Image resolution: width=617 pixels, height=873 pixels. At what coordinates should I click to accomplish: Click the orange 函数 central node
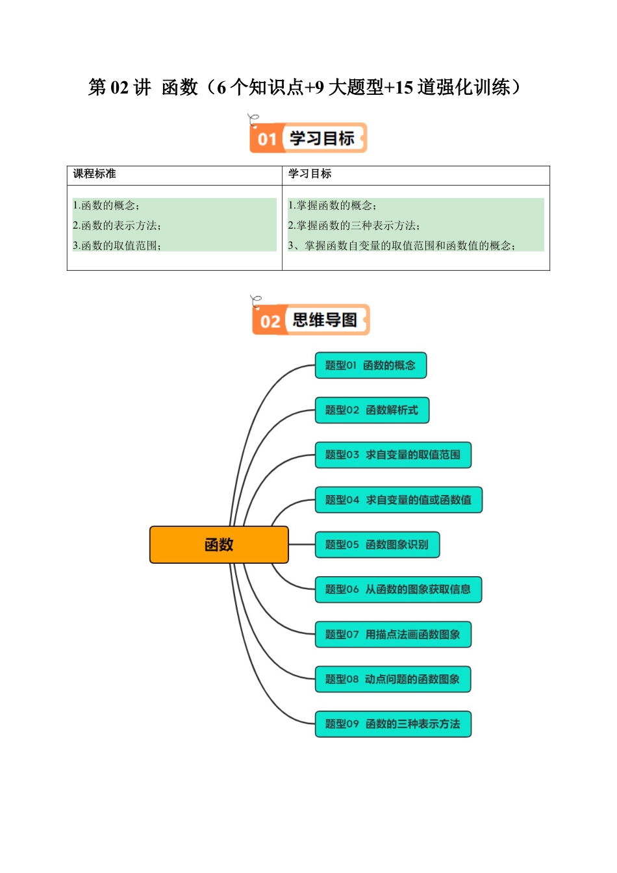point(219,545)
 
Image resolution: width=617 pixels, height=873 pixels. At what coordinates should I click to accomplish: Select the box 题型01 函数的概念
point(370,365)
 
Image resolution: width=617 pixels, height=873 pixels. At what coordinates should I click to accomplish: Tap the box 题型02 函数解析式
point(371,410)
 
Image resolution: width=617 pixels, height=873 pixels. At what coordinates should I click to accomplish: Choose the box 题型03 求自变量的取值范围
point(392,455)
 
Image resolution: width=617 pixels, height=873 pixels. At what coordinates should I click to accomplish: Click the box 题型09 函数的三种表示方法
point(392,724)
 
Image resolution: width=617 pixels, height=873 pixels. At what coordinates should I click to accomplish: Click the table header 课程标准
point(95,174)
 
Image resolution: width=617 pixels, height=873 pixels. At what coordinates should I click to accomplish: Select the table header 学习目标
point(310,174)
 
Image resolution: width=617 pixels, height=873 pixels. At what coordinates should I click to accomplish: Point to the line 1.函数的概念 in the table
point(106,206)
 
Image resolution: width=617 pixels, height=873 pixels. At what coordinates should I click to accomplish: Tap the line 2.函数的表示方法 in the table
point(117,226)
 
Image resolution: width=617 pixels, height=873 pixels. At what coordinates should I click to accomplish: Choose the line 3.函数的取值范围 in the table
point(117,246)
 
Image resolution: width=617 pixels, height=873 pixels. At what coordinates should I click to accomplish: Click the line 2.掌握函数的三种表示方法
point(354,226)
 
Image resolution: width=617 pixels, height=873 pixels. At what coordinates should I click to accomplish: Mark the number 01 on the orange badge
point(267,139)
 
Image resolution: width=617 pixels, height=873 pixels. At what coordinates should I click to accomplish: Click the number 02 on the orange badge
point(270,321)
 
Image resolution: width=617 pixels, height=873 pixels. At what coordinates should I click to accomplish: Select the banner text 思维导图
point(325,320)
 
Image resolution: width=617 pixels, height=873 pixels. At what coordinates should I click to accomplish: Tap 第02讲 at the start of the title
point(120,87)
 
